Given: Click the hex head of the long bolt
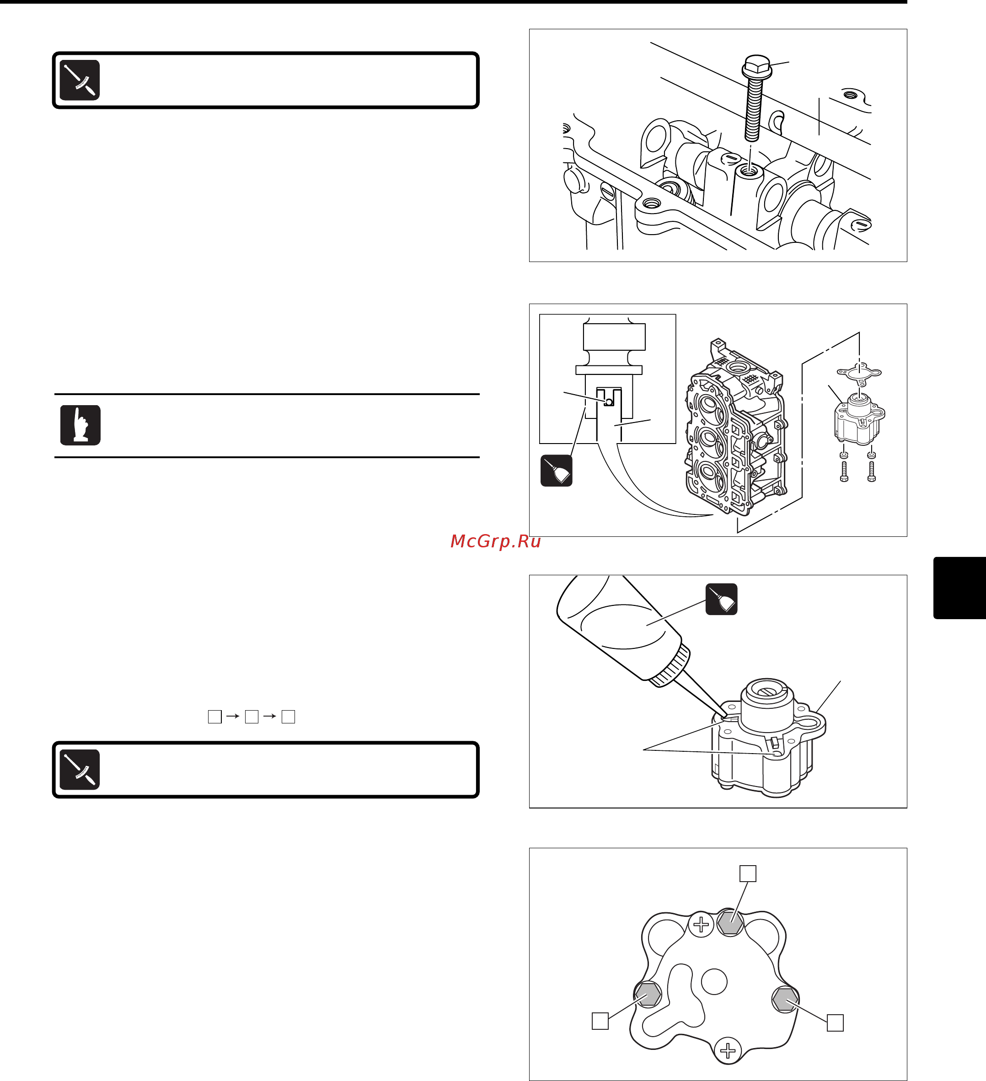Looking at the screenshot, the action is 756,66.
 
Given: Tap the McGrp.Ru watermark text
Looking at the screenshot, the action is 495,541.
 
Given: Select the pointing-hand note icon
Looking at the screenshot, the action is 80,425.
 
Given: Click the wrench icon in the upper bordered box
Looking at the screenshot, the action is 80,80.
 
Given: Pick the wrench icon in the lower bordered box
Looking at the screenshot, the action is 80,770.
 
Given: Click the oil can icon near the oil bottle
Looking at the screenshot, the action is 722,599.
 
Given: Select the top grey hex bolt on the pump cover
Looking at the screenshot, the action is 730,923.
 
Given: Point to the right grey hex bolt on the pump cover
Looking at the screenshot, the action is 786,1000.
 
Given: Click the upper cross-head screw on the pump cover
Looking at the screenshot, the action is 701,925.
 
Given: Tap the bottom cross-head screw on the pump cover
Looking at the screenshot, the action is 728,1050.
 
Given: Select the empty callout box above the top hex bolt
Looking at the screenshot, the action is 748,873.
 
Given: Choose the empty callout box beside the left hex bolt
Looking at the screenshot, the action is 600,1021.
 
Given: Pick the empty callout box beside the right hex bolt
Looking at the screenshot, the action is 836,1022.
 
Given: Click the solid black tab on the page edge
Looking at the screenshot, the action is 960,588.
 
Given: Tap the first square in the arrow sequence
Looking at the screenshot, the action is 214,717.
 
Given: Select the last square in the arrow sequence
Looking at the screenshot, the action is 289,717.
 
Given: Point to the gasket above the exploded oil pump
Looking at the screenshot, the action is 859,373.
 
